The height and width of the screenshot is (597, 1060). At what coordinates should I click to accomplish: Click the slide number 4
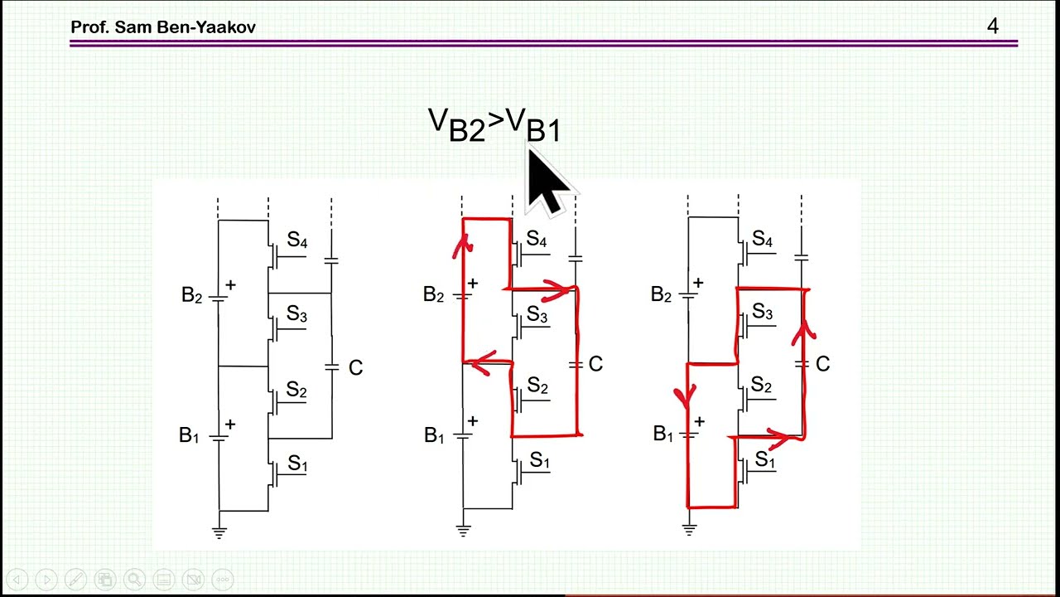click(992, 26)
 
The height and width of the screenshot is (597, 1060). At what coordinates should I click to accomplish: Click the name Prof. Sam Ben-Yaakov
click(163, 27)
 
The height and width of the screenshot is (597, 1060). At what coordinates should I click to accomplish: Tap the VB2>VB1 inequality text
click(494, 124)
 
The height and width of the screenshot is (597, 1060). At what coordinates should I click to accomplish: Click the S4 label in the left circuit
click(297, 240)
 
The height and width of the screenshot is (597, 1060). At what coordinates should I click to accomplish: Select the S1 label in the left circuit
click(297, 463)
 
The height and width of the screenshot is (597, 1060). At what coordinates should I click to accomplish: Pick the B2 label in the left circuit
click(191, 294)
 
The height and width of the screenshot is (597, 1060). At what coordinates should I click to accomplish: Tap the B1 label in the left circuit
click(189, 435)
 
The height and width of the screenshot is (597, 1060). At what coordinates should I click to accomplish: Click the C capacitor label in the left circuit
click(355, 367)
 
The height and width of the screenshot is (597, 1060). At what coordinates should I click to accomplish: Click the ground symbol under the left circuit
click(219, 531)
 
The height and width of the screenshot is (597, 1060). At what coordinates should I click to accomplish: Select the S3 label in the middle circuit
click(537, 314)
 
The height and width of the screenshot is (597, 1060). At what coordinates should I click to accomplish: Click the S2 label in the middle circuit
click(537, 386)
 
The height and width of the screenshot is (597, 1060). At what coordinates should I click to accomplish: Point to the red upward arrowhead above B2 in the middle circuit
click(462, 245)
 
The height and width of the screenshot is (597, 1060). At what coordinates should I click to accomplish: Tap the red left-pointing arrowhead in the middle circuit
click(482, 363)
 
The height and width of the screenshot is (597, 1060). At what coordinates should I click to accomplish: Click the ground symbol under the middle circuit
click(463, 530)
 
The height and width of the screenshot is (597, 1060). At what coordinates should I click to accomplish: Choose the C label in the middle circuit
click(595, 364)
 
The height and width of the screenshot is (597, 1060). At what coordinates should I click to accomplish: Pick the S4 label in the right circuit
click(763, 238)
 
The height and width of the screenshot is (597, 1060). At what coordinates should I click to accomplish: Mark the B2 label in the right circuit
click(661, 294)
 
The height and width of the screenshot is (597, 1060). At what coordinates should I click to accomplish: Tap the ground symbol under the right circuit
click(689, 529)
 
